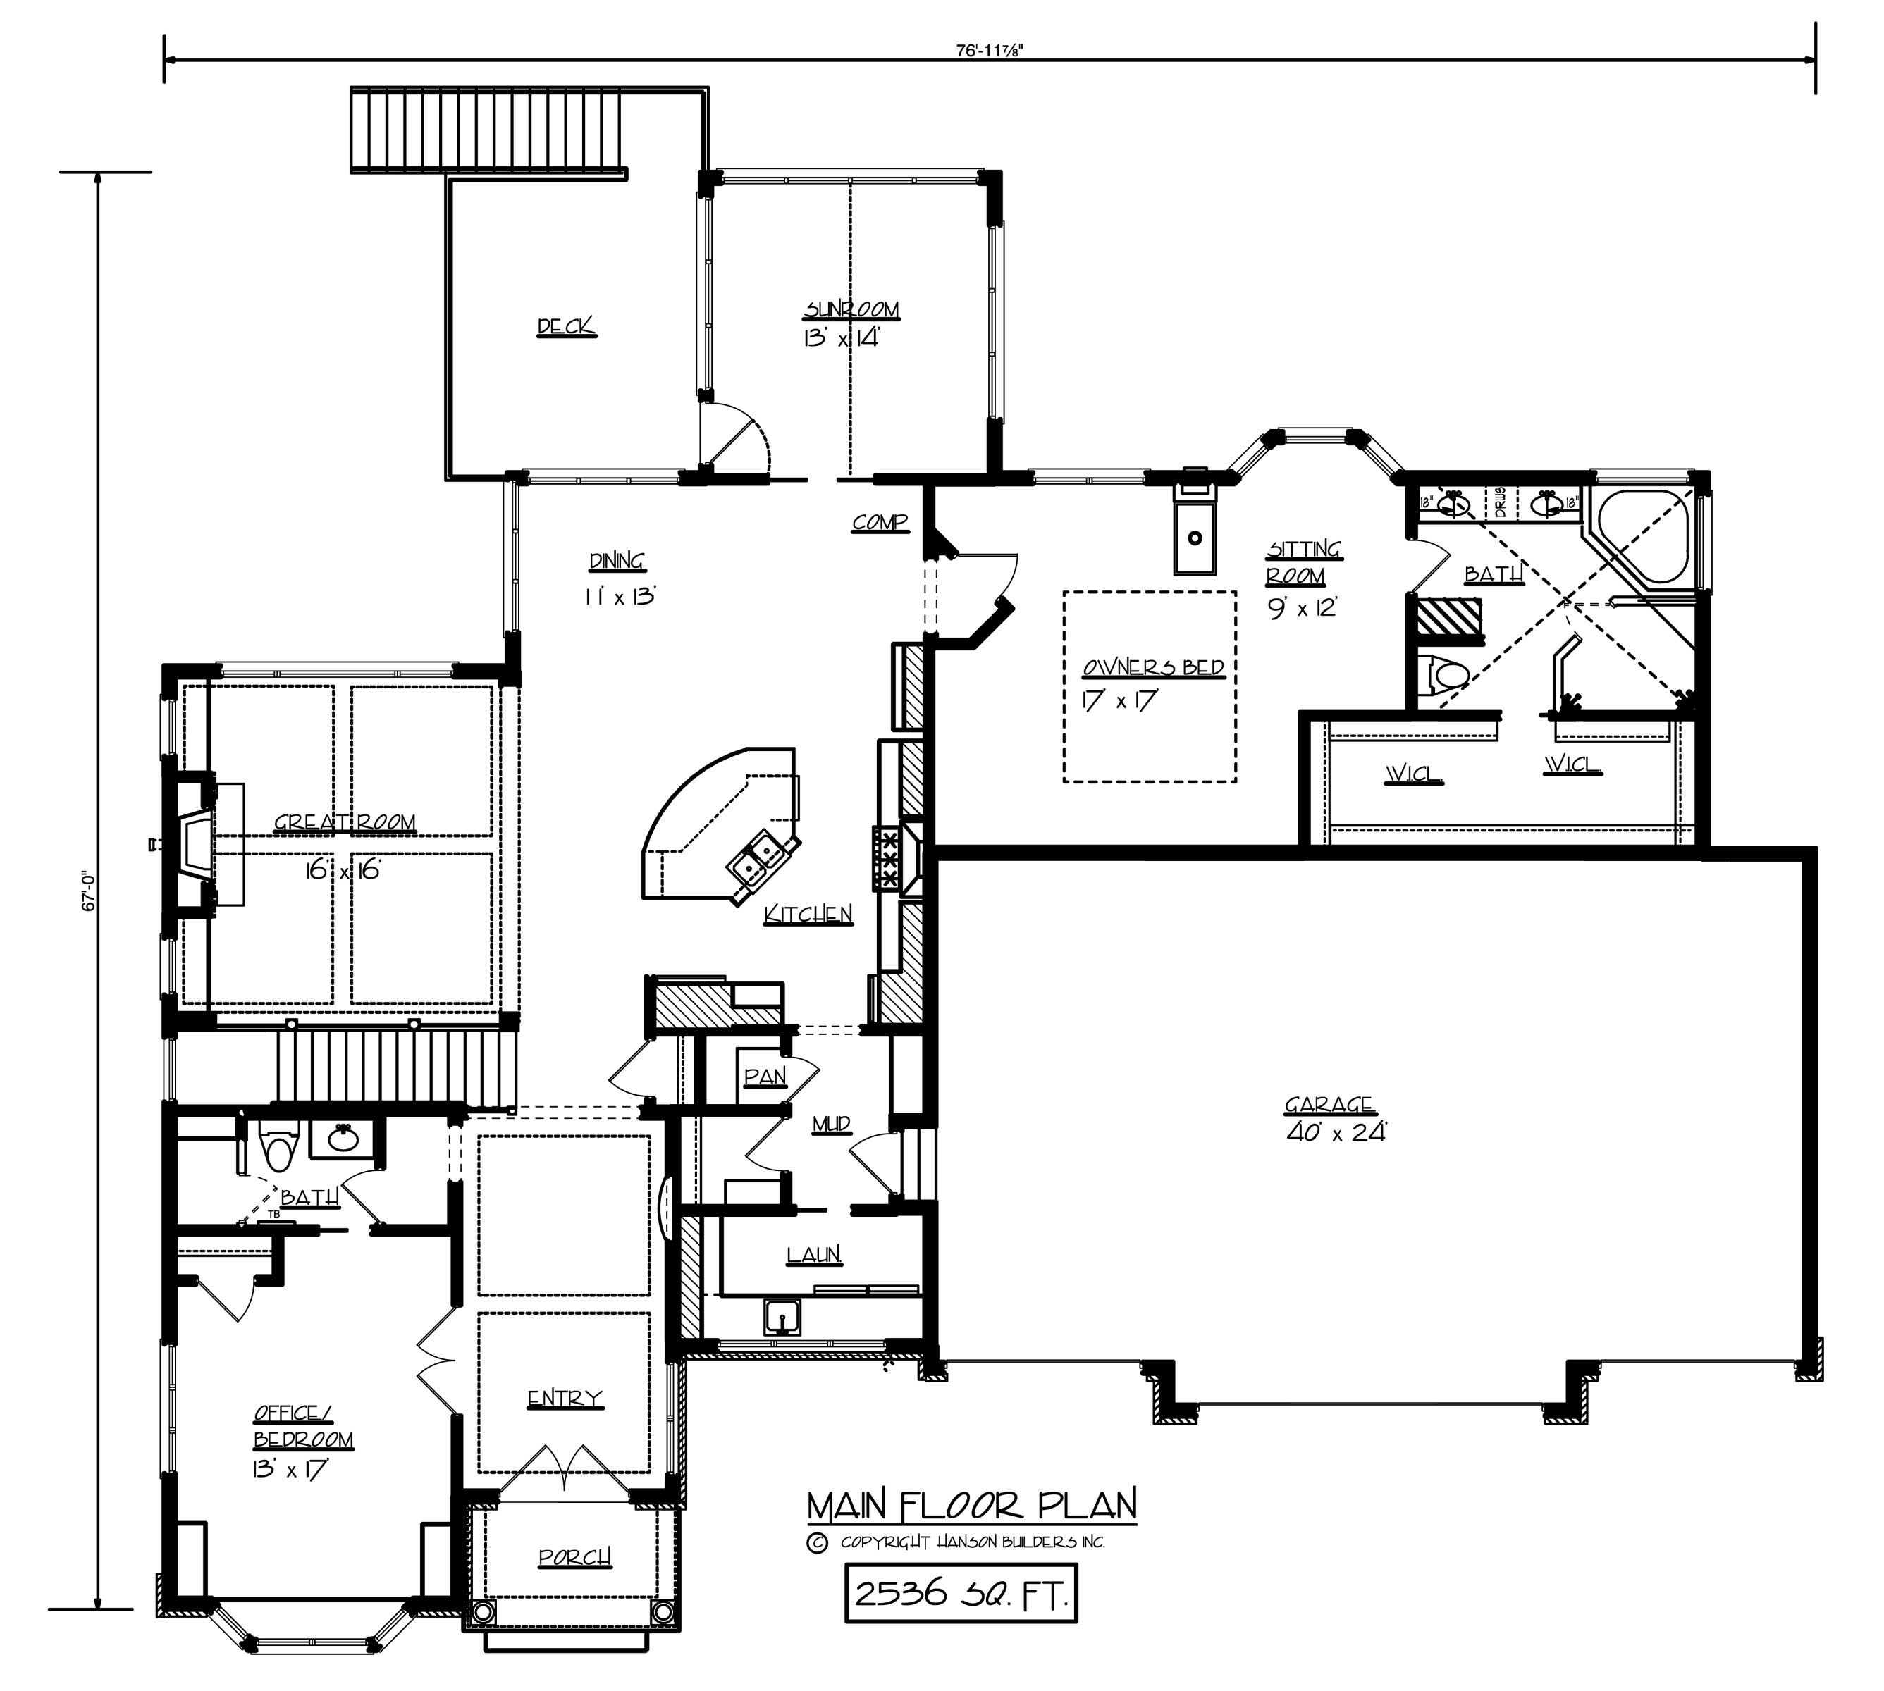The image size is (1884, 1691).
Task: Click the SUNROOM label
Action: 851,309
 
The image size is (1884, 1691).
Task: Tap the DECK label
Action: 566,326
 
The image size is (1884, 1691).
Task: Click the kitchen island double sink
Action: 759,856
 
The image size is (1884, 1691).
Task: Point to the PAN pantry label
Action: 765,1076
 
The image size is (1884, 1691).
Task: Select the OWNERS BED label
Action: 1152,668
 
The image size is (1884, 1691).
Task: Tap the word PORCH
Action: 574,1556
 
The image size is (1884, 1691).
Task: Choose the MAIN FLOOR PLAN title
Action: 971,1504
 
